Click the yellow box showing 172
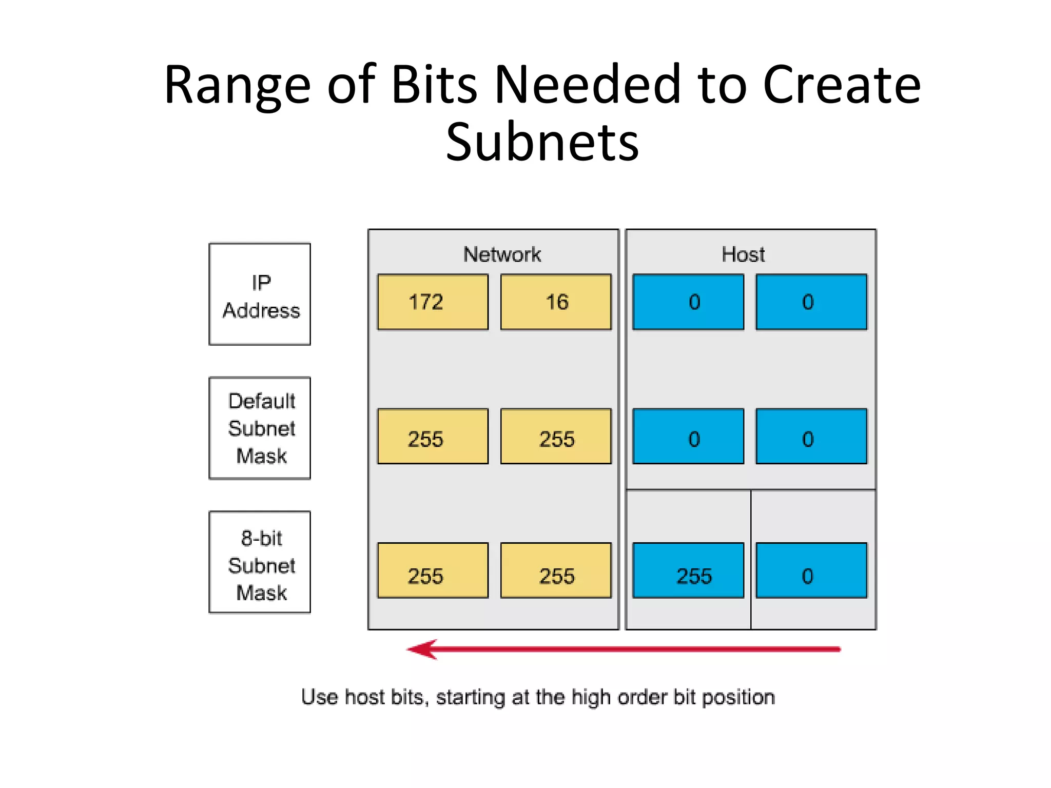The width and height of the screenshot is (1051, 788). click(433, 302)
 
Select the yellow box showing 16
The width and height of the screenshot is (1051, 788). click(556, 302)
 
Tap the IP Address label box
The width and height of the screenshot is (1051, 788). click(260, 294)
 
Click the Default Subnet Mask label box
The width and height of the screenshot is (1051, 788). click(260, 428)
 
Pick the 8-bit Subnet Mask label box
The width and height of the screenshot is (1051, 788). click(260, 562)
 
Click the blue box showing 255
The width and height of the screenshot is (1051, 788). click(688, 570)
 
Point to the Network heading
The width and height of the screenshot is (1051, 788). click(502, 254)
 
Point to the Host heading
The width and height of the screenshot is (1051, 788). click(743, 254)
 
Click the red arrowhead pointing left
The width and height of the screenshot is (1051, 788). click(423, 649)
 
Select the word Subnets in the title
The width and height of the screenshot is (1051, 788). click(542, 142)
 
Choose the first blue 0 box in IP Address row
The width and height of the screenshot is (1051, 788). click(688, 302)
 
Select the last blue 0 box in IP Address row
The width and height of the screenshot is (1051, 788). click(811, 302)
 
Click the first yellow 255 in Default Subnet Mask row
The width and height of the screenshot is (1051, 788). click(433, 436)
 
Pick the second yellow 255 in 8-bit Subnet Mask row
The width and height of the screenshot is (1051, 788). click(556, 570)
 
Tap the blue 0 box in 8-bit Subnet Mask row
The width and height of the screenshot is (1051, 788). click(811, 570)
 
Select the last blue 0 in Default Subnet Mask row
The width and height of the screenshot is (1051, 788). click(811, 436)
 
